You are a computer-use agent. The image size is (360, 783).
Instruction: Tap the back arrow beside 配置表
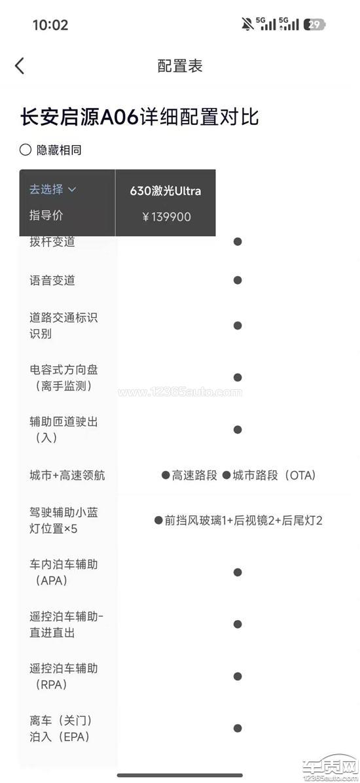[x=20, y=66]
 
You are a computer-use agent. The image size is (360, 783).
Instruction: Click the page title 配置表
[x=180, y=66]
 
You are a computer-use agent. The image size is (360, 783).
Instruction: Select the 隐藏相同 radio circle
[x=25, y=150]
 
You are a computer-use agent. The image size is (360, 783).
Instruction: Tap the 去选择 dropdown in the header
[x=52, y=189]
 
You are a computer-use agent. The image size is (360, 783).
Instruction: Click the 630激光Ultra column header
[x=166, y=191]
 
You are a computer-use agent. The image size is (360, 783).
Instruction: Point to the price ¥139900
[x=166, y=217]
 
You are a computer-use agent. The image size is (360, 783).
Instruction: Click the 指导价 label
[x=46, y=216]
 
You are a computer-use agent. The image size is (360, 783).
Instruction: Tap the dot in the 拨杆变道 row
[x=238, y=241]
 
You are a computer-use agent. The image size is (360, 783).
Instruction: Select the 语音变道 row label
[x=52, y=280]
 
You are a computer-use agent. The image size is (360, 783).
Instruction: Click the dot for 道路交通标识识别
[x=238, y=326]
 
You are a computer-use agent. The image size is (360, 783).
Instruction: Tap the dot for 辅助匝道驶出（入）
[x=238, y=430]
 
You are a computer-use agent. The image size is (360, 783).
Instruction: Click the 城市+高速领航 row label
[x=67, y=476]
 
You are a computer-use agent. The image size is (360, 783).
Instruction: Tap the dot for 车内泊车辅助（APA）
[x=238, y=572]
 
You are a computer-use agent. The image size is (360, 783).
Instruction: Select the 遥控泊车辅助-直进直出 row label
[x=67, y=625]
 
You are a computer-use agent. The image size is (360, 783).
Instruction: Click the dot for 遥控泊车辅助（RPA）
[x=238, y=676]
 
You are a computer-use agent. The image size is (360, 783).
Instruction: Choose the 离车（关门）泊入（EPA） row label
[x=60, y=729]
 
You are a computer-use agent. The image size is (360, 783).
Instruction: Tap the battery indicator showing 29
[x=315, y=24]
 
